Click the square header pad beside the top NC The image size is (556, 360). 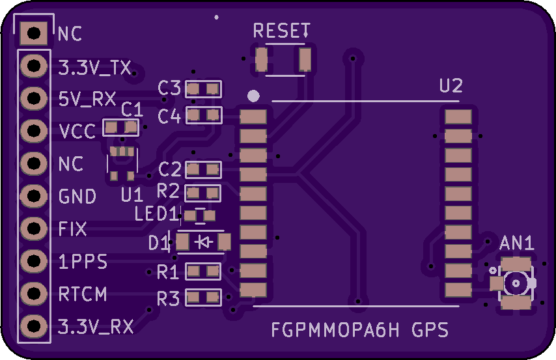point(34,33)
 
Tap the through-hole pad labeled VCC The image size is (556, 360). point(34,131)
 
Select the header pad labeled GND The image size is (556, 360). point(34,196)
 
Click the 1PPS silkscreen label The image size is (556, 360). point(83,262)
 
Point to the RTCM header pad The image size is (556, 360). point(34,294)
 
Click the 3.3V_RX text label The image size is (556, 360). point(96,327)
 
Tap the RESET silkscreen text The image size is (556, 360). point(281,31)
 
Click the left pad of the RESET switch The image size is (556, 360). point(261,60)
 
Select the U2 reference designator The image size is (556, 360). point(451,86)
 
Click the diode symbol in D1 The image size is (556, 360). point(204,242)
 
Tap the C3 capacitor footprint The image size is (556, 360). point(204,89)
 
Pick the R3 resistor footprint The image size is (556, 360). point(204,298)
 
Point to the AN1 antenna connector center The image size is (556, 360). point(516,283)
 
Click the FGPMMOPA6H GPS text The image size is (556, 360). point(360,330)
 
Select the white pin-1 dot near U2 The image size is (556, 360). point(253,96)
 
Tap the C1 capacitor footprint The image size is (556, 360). point(120,128)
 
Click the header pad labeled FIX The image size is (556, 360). point(34,228)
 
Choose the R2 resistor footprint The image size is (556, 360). point(203,193)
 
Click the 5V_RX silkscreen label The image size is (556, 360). point(87,99)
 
